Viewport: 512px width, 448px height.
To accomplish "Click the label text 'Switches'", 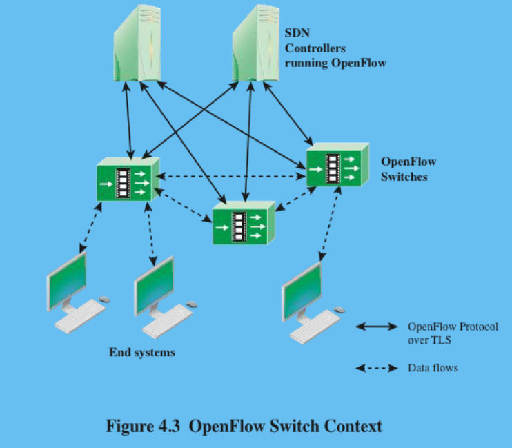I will [404, 176].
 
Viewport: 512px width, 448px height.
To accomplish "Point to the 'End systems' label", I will [142, 352].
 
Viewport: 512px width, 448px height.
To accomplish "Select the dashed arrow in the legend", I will [377, 368].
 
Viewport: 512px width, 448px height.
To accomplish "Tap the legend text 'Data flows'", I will [433, 368].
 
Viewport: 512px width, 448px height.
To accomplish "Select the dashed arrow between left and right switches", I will [230, 176].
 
